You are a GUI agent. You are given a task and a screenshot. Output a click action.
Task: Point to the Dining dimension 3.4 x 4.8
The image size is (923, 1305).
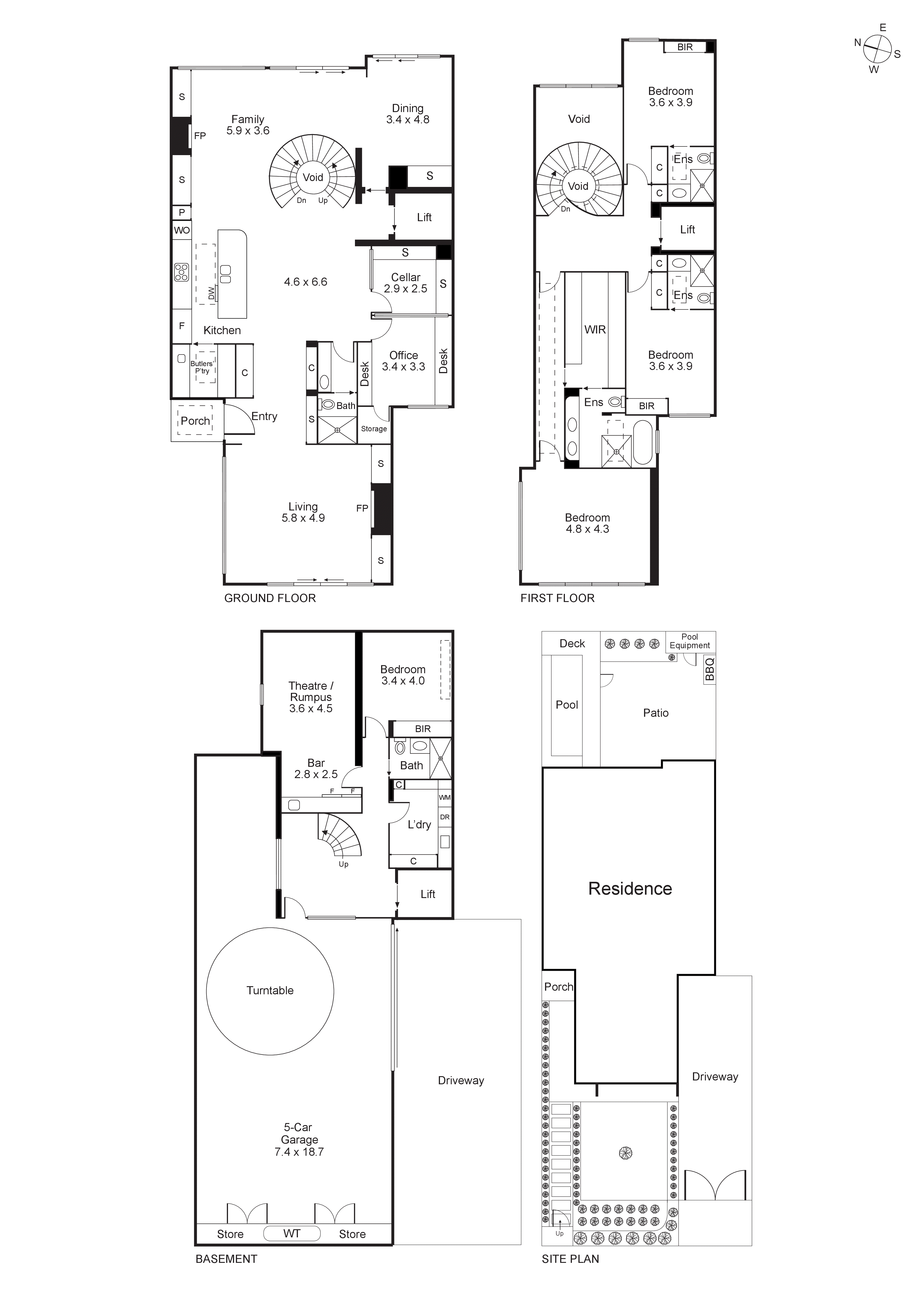[x=407, y=119]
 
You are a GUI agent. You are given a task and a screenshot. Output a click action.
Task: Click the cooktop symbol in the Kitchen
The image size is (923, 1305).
[x=181, y=273]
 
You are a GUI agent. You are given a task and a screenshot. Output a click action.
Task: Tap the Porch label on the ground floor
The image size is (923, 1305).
[x=195, y=421]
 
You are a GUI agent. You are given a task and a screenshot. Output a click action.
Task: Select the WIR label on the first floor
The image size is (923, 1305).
[x=595, y=330]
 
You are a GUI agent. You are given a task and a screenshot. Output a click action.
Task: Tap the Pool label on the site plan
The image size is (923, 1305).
[x=567, y=705]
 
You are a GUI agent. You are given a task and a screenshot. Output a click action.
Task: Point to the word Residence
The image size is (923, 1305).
[x=630, y=889]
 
